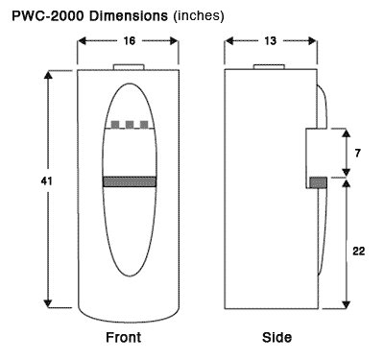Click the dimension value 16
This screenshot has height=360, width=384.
point(128,41)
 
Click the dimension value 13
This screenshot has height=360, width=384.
point(270,41)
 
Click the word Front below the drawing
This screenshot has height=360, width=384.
point(125,338)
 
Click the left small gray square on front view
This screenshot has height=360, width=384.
point(114,125)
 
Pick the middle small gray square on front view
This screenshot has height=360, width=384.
point(129,125)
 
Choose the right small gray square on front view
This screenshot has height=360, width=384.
point(143,125)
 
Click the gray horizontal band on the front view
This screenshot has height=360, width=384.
point(128,181)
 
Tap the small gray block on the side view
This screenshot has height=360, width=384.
point(318,181)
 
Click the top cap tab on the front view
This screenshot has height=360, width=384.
point(128,67)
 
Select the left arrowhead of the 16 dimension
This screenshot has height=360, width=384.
point(82,41)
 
